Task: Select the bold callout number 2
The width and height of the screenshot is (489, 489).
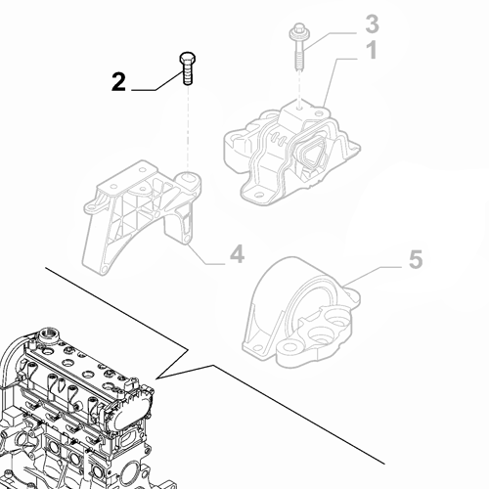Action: pos(118,83)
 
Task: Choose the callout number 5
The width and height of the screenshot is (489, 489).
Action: pos(414,259)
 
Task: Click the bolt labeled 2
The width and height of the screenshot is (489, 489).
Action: pos(186,71)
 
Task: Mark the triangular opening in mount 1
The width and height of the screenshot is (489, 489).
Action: pos(311,156)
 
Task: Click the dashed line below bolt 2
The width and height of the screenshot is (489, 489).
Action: pos(186,127)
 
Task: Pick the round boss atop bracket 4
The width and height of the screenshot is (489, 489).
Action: pos(187,181)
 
